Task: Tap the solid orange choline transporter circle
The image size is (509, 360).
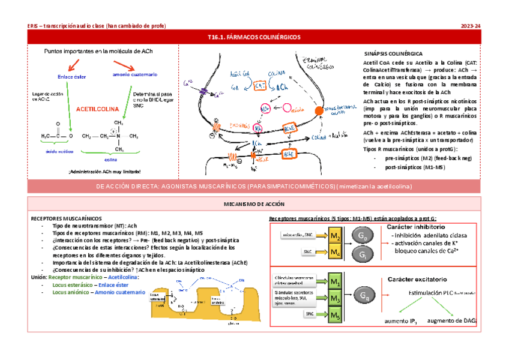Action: click(x=318, y=111)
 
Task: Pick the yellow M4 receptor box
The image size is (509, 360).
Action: click(x=337, y=252)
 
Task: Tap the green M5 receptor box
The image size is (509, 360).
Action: click(x=336, y=313)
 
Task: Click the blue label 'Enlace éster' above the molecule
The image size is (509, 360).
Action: click(x=71, y=77)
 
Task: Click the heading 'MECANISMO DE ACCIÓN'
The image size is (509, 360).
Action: click(x=254, y=205)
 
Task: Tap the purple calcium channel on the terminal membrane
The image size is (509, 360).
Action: click(x=204, y=92)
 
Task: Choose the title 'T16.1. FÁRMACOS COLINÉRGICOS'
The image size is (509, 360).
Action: click(x=254, y=37)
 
